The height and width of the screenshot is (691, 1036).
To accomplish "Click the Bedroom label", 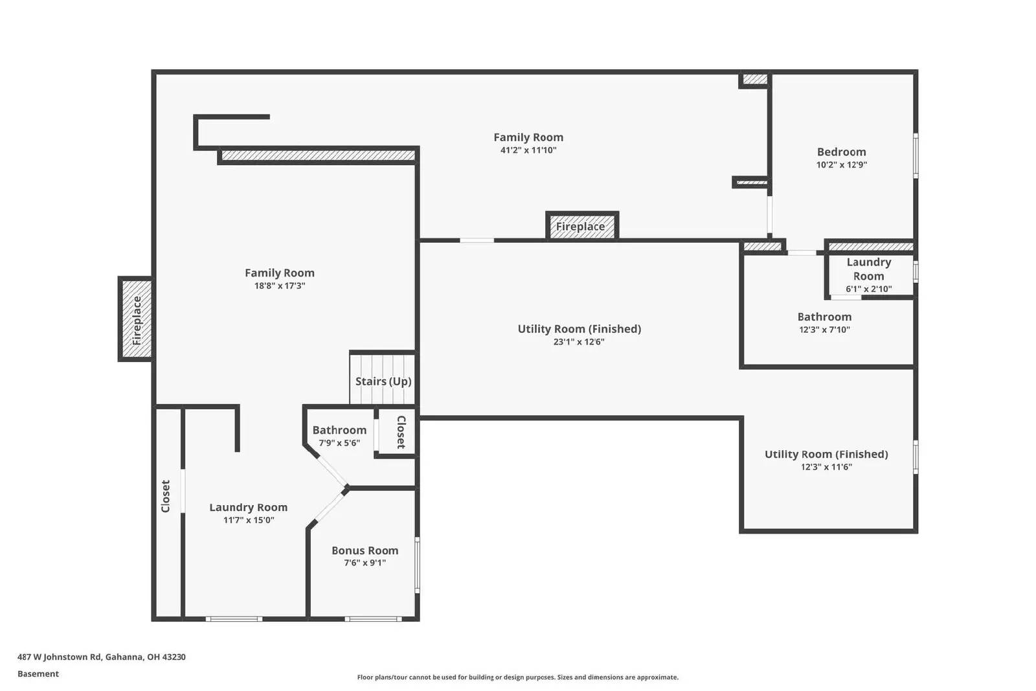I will click(x=841, y=152).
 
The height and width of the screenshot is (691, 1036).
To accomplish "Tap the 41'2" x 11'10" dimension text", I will click(x=528, y=150).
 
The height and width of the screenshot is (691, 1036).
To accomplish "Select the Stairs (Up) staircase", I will click(x=383, y=379).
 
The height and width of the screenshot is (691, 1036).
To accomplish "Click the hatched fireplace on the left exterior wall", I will click(x=136, y=319).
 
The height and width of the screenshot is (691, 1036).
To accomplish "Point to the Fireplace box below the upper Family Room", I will click(x=581, y=227).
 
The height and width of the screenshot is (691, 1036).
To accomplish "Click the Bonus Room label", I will click(x=365, y=550).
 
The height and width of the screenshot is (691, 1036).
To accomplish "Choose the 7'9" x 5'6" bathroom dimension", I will click(x=339, y=443).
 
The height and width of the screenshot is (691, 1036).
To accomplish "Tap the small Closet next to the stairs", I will click(x=400, y=432).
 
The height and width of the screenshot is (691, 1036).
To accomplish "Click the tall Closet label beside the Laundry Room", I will click(x=166, y=496).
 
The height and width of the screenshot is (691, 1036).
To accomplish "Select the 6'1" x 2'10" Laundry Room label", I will click(x=868, y=289).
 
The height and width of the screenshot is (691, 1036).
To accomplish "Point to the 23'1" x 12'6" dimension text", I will click(x=578, y=342).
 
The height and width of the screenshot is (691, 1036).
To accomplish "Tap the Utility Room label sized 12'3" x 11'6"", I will click(x=826, y=455).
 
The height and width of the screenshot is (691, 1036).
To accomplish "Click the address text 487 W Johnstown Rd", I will click(x=102, y=657).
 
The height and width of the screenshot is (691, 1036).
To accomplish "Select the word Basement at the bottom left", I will click(x=38, y=674).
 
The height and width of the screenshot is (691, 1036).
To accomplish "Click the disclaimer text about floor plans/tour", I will click(x=517, y=677).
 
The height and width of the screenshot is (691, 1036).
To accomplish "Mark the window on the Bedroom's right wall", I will click(x=916, y=155).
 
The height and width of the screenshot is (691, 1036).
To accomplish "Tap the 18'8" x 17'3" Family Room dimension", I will click(x=279, y=286).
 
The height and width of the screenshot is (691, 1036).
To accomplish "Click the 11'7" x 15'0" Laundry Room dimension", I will click(x=249, y=520).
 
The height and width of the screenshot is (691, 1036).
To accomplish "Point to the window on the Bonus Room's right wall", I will click(x=417, y=565).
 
